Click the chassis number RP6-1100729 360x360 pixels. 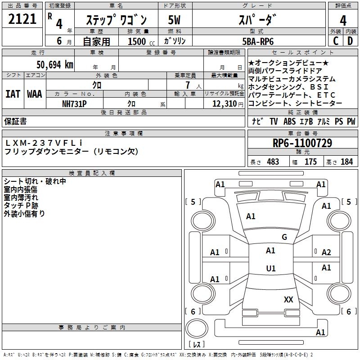click(x=302, y=143)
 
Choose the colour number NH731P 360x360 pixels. click(x=74, y=103)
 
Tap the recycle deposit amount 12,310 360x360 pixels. click(x=223, y=103)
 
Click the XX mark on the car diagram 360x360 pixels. click(x=288, y=299)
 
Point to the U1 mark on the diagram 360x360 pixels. click(x=270, y=269)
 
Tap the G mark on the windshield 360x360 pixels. click(x=284, y=237)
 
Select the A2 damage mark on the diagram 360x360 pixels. click(x=326, y=252)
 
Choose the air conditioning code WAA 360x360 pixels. click(x=35, y=94)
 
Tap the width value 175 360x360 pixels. click(x=310, y=162)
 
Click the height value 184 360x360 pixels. click(x=346, y=162)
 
